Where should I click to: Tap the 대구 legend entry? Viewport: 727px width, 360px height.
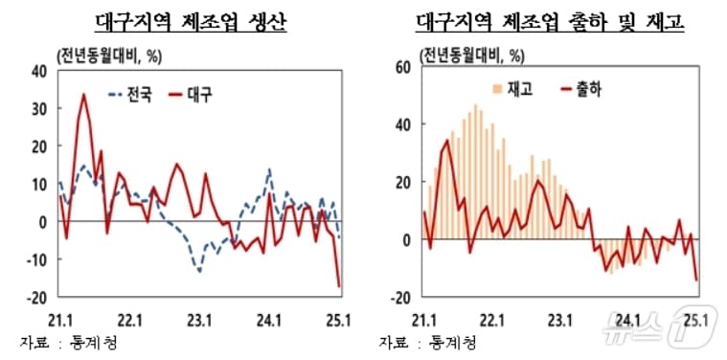192,95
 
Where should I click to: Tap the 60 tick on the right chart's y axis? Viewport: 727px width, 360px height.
402,66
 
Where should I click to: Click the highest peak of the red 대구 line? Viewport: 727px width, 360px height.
83,94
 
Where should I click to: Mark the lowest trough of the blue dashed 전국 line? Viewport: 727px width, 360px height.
199,271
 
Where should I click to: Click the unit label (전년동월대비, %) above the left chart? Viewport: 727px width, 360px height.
106,53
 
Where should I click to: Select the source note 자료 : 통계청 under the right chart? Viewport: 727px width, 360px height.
425,342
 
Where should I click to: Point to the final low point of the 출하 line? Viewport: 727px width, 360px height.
696,280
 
